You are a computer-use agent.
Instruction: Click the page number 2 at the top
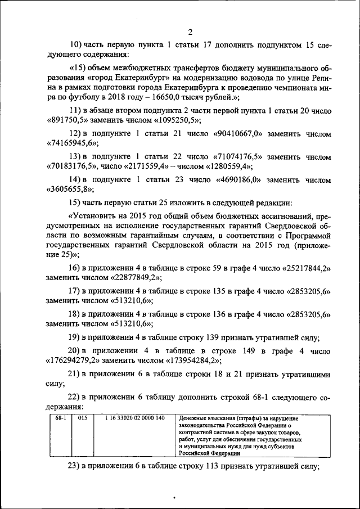click(191, 31)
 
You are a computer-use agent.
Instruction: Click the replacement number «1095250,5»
click(174, 120)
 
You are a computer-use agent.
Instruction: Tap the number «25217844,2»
click(301, 268)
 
